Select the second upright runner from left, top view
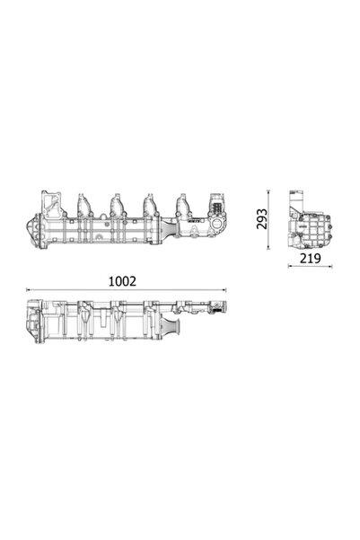click(116, 201)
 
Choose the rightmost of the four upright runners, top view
click(184, 201)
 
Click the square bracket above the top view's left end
click(49, 197)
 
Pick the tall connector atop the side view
click(299, 199)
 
